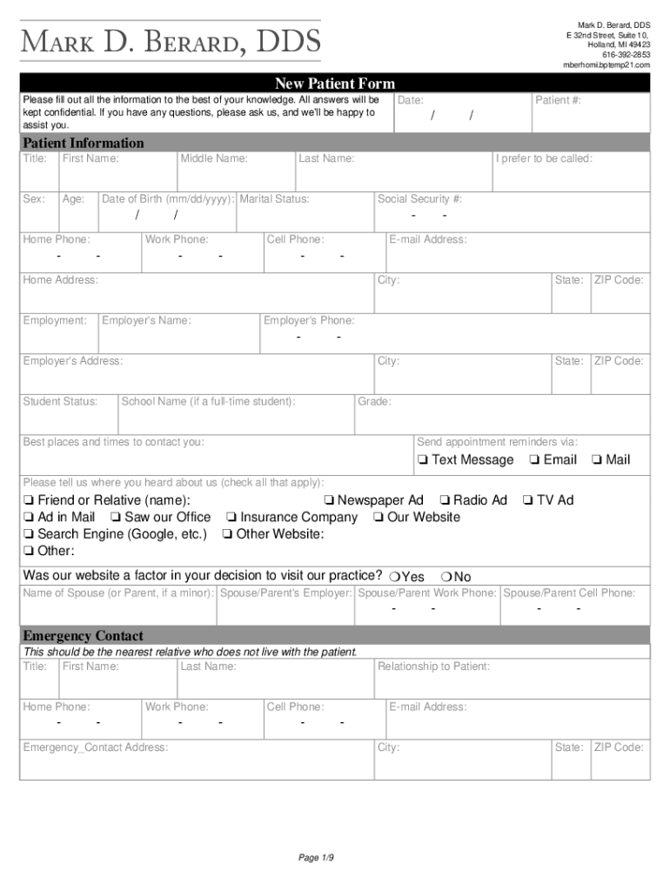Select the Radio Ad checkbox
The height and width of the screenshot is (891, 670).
[444, 500]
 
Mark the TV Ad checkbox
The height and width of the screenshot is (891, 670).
[527, 500]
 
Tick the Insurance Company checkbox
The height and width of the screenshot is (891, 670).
[231, 518]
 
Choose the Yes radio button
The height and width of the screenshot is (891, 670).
[394, 577]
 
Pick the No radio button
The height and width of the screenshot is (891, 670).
[446, 577]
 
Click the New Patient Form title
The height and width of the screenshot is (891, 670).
[334, 84]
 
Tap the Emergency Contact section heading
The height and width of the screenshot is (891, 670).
[84, 635]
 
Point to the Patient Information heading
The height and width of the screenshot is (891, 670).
[84, 143]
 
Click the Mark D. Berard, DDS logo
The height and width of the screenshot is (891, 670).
[171, 41]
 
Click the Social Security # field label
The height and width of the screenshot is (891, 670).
[419, 199]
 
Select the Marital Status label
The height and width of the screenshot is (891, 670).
[274, 199]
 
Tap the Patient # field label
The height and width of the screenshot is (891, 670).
[558, 101]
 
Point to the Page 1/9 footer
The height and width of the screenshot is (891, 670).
[317, 858]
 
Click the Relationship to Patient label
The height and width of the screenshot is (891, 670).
[433, 667]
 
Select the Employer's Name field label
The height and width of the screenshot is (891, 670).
[146, 321]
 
